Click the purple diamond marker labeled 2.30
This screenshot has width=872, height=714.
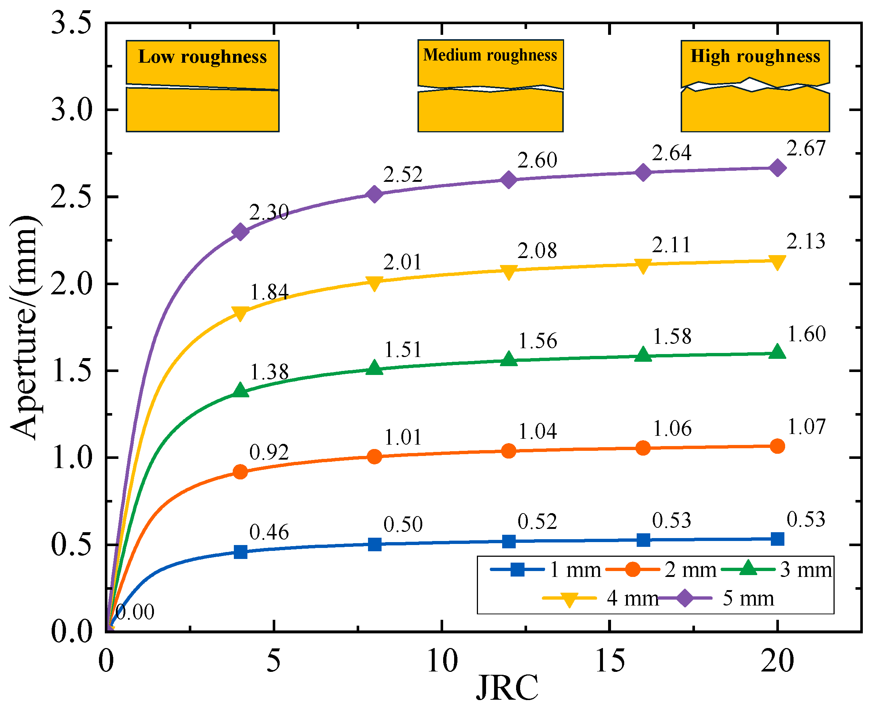coord(240,232)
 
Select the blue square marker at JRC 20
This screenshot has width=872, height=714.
coord(777,538)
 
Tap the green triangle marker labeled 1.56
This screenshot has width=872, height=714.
coord(509,359)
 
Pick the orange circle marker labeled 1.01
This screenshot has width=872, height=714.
coord(374,456)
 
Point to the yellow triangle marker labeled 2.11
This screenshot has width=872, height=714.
coord(643,265)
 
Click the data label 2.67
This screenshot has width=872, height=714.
coord(806,148)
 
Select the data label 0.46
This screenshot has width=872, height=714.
coord(269,532)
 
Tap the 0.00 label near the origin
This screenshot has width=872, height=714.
coord(135,612)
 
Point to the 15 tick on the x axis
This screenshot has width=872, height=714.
coord(610,662)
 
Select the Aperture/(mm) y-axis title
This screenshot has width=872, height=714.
coord(26,327)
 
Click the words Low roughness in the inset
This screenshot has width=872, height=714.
coord(202,57)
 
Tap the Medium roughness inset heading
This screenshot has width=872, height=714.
coord(490,55)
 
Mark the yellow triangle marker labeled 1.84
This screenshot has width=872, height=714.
coord(240,313)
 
